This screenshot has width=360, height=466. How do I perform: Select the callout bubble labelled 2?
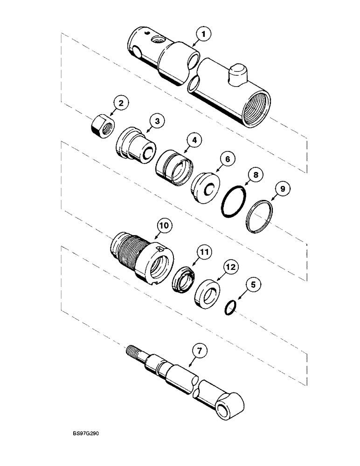click(120, 103)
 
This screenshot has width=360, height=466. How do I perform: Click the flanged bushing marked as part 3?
click(135, 146)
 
